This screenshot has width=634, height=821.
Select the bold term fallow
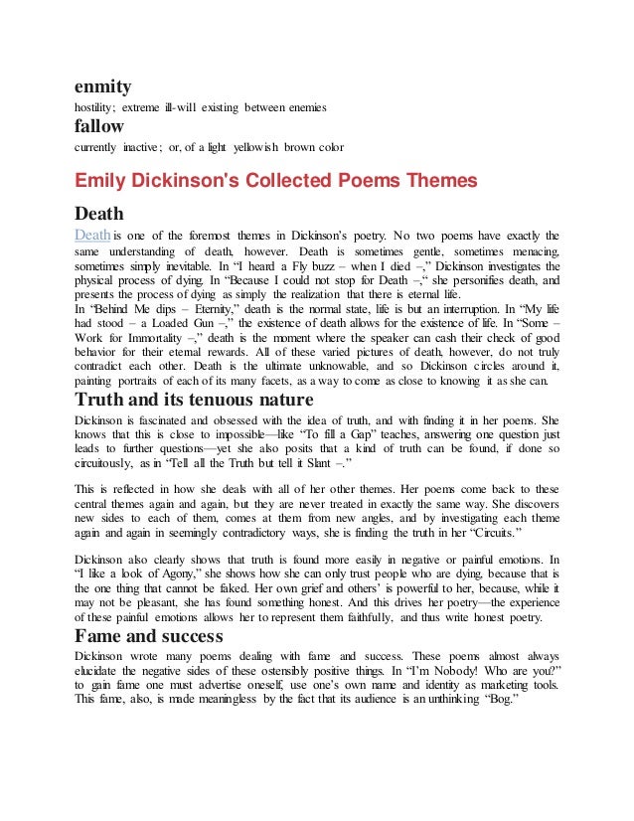click(99, 127)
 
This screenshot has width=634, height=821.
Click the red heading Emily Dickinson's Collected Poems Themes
click(262, 180)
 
